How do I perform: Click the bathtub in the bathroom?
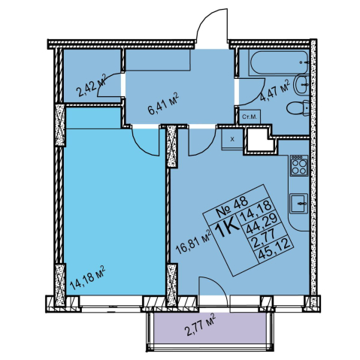[x=279, y=62]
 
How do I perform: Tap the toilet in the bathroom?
[x=298, y=109]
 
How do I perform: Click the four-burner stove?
[x=299, y=165]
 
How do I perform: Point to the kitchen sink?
[x=299, y=203]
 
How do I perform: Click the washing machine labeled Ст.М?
[x=250, y=116]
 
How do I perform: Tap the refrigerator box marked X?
[x=232, y=139]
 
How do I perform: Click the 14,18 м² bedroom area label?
[x=87, y=278]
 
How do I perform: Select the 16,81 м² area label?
[x=194, y=242]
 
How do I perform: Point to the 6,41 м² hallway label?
[x=163, y=104]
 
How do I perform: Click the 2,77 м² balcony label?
[x=200, y=325]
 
